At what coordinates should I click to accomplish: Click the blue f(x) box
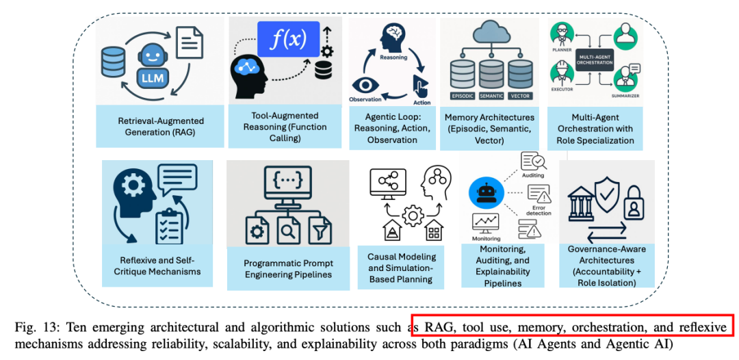(x=288, y=39)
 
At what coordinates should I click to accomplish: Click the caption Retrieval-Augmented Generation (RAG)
(x=161, y=127)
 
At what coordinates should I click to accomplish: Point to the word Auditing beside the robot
(x=533, y=175)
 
